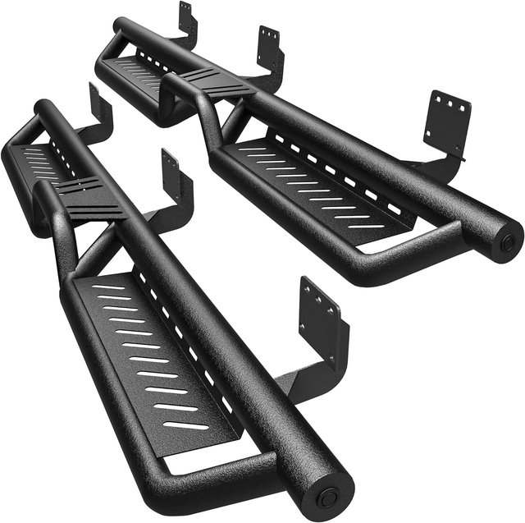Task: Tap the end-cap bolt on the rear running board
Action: click(509, 242)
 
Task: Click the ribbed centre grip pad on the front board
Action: click(90, 196)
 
